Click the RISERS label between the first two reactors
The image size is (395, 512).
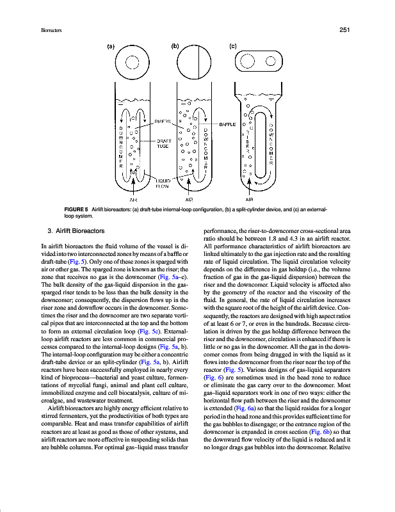tap(162, 120)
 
